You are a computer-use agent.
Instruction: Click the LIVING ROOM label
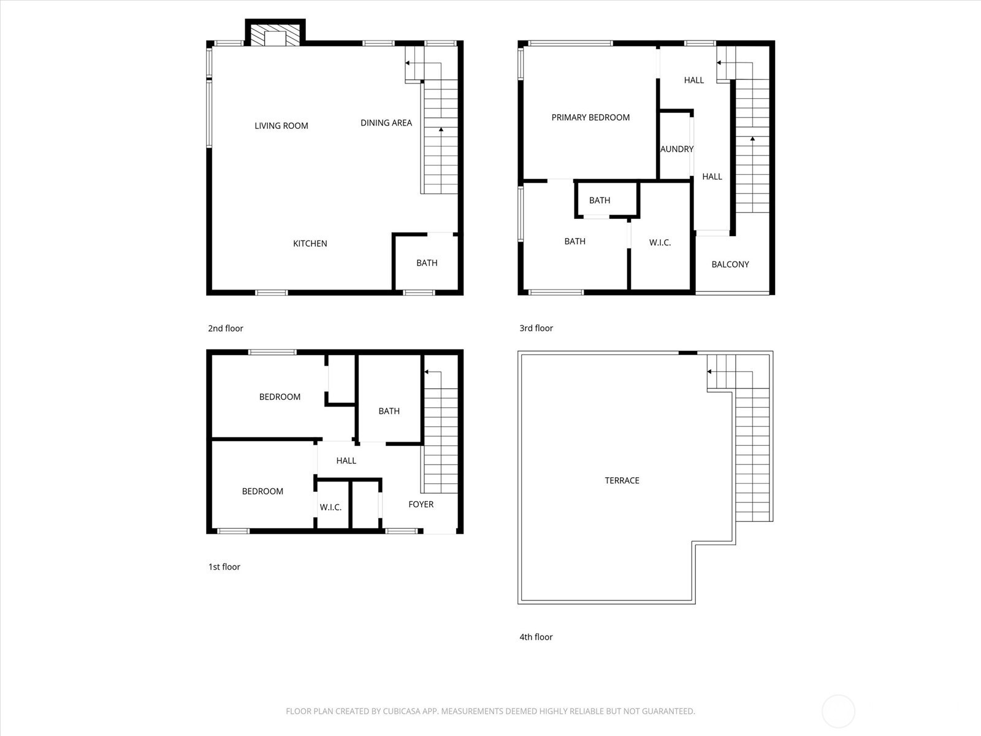pos(281,126)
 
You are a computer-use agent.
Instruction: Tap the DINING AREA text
pos(386,123)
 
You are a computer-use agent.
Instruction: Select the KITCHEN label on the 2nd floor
pos(310,243)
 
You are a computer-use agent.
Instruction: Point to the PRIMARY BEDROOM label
pos(590,118)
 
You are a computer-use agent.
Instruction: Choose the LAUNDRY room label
pos(677,149)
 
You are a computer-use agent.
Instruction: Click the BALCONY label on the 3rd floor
pos(730,264)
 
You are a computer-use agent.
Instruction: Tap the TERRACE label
pos(622,480)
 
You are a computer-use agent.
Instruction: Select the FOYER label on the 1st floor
pos(421,505)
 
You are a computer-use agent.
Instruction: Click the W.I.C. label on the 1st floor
pos(330,508)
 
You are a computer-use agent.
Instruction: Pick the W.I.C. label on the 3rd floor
pos(660,243)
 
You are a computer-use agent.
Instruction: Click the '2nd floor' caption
pos(225,329)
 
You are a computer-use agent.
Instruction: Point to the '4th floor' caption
pos(536,637)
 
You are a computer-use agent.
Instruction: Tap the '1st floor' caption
pos(224,567)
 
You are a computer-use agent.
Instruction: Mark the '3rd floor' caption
pos(536,328)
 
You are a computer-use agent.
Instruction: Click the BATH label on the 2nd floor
pos(427,263)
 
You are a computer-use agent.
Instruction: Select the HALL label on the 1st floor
pos(346,461)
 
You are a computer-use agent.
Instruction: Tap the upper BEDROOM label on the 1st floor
pos(280,397)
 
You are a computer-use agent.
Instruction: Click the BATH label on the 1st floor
pos(389,411)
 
